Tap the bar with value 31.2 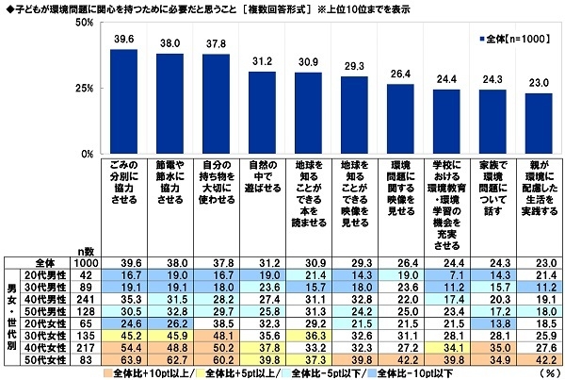(x=262, y=113)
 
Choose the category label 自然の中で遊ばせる (x=262, y=175)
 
